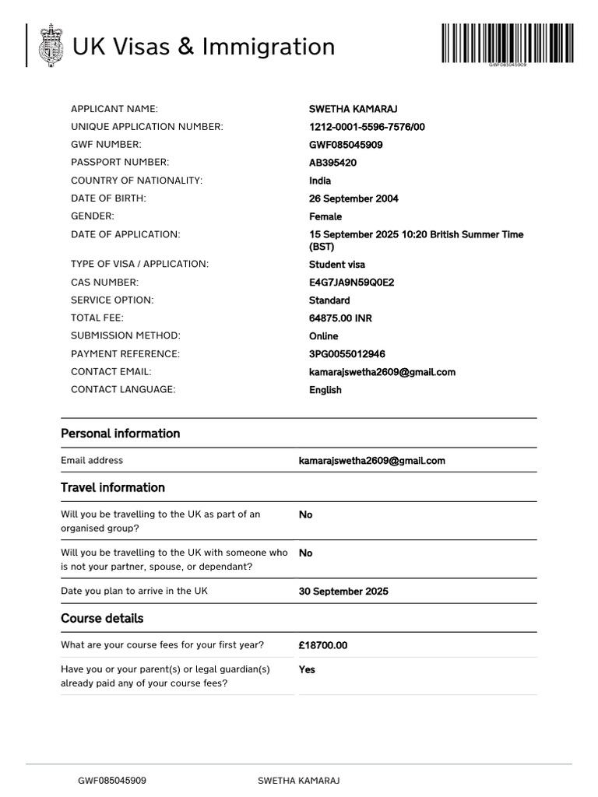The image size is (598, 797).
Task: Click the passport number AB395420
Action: tap(332, 163)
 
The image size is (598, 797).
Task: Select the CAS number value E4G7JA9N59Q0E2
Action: tap(351, 283)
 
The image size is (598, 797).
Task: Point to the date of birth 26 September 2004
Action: tap(354, 198)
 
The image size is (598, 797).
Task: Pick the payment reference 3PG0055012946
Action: tap(346, 354)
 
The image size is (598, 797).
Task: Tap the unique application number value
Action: tap(367, 127)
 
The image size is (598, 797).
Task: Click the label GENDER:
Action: tap(93, 216)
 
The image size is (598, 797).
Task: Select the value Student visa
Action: tap(336, 265)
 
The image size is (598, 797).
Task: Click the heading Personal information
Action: tap(120, 434)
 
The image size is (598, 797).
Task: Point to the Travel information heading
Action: tap(113, 488)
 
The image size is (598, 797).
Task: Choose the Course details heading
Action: tap(102, 619)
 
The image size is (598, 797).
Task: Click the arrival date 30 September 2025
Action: tap(343, 592)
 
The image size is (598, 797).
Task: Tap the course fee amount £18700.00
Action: tap(322, 645)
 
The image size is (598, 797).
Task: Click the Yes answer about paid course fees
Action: tap(307, 669)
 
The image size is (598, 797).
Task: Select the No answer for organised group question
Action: tap(305, 514)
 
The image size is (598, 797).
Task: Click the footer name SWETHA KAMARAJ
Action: tap(298, 781)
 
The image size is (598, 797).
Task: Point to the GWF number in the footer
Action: tap(111, 781)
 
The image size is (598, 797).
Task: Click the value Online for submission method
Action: tap(323, 336)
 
